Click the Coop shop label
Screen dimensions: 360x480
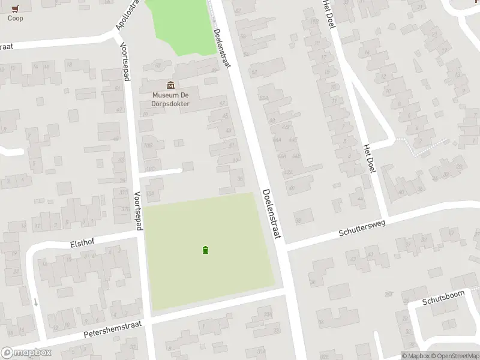pos(16,18)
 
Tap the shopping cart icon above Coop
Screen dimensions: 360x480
pos(16,8)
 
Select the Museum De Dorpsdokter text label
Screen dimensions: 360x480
pos(171,99)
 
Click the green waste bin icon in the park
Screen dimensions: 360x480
pos(206,250)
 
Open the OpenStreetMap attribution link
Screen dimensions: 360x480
pos(454,355)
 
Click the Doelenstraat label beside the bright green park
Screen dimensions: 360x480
pos(221,41)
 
